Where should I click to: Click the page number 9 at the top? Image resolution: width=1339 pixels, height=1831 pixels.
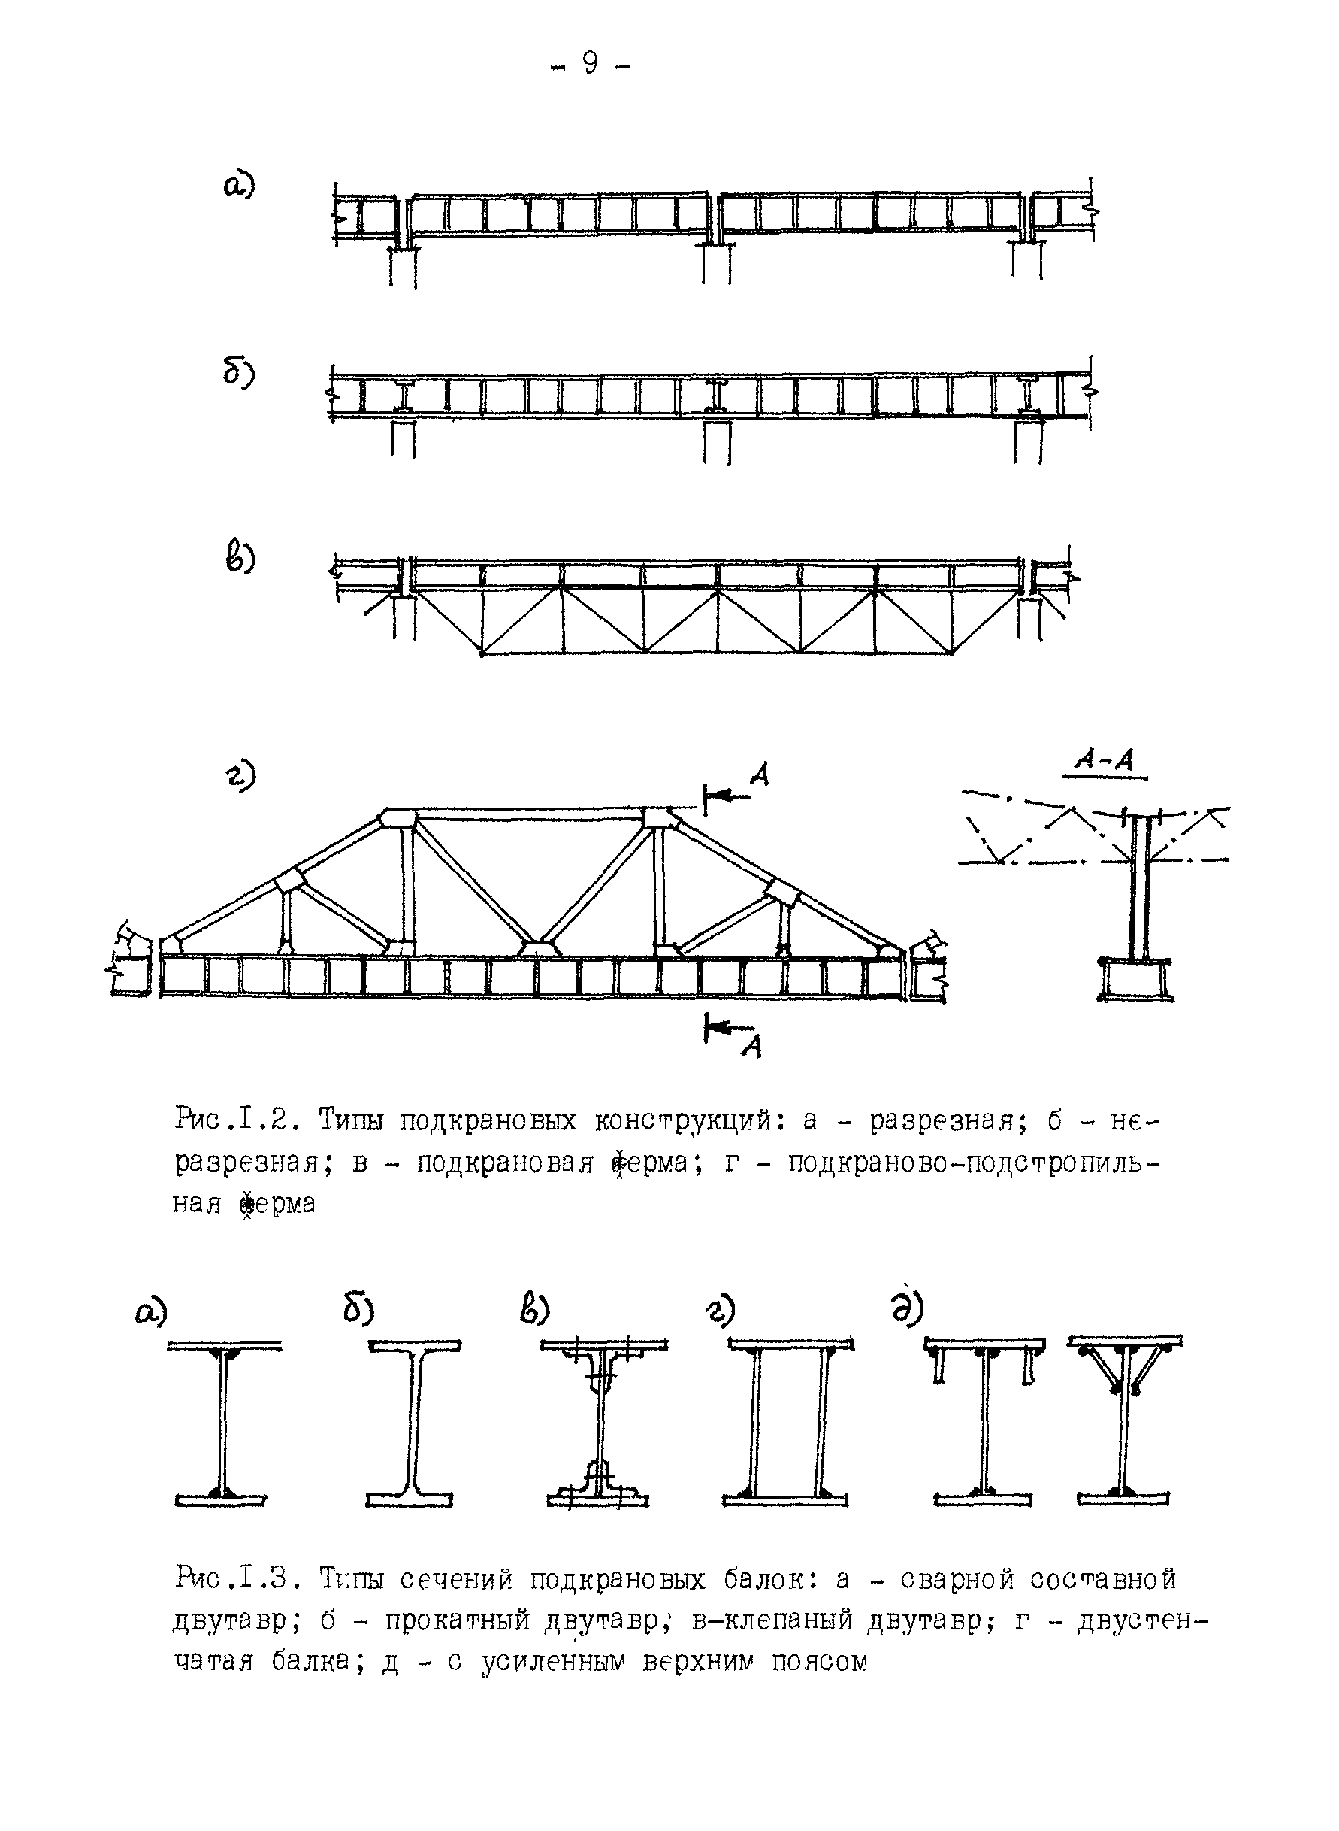pyautogui.click(x=589, y=63)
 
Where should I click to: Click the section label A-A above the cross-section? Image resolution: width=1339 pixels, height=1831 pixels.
pyautogui.click(x=1104, y=759)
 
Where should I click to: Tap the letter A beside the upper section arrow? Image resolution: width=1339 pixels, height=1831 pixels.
pyautogui.click(x=760, y=776)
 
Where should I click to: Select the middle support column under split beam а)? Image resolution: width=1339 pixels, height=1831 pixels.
pyautogui.click(x=717, y=265)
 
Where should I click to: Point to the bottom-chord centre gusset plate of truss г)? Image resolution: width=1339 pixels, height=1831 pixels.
pyautogui.click(x=536, y=948)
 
